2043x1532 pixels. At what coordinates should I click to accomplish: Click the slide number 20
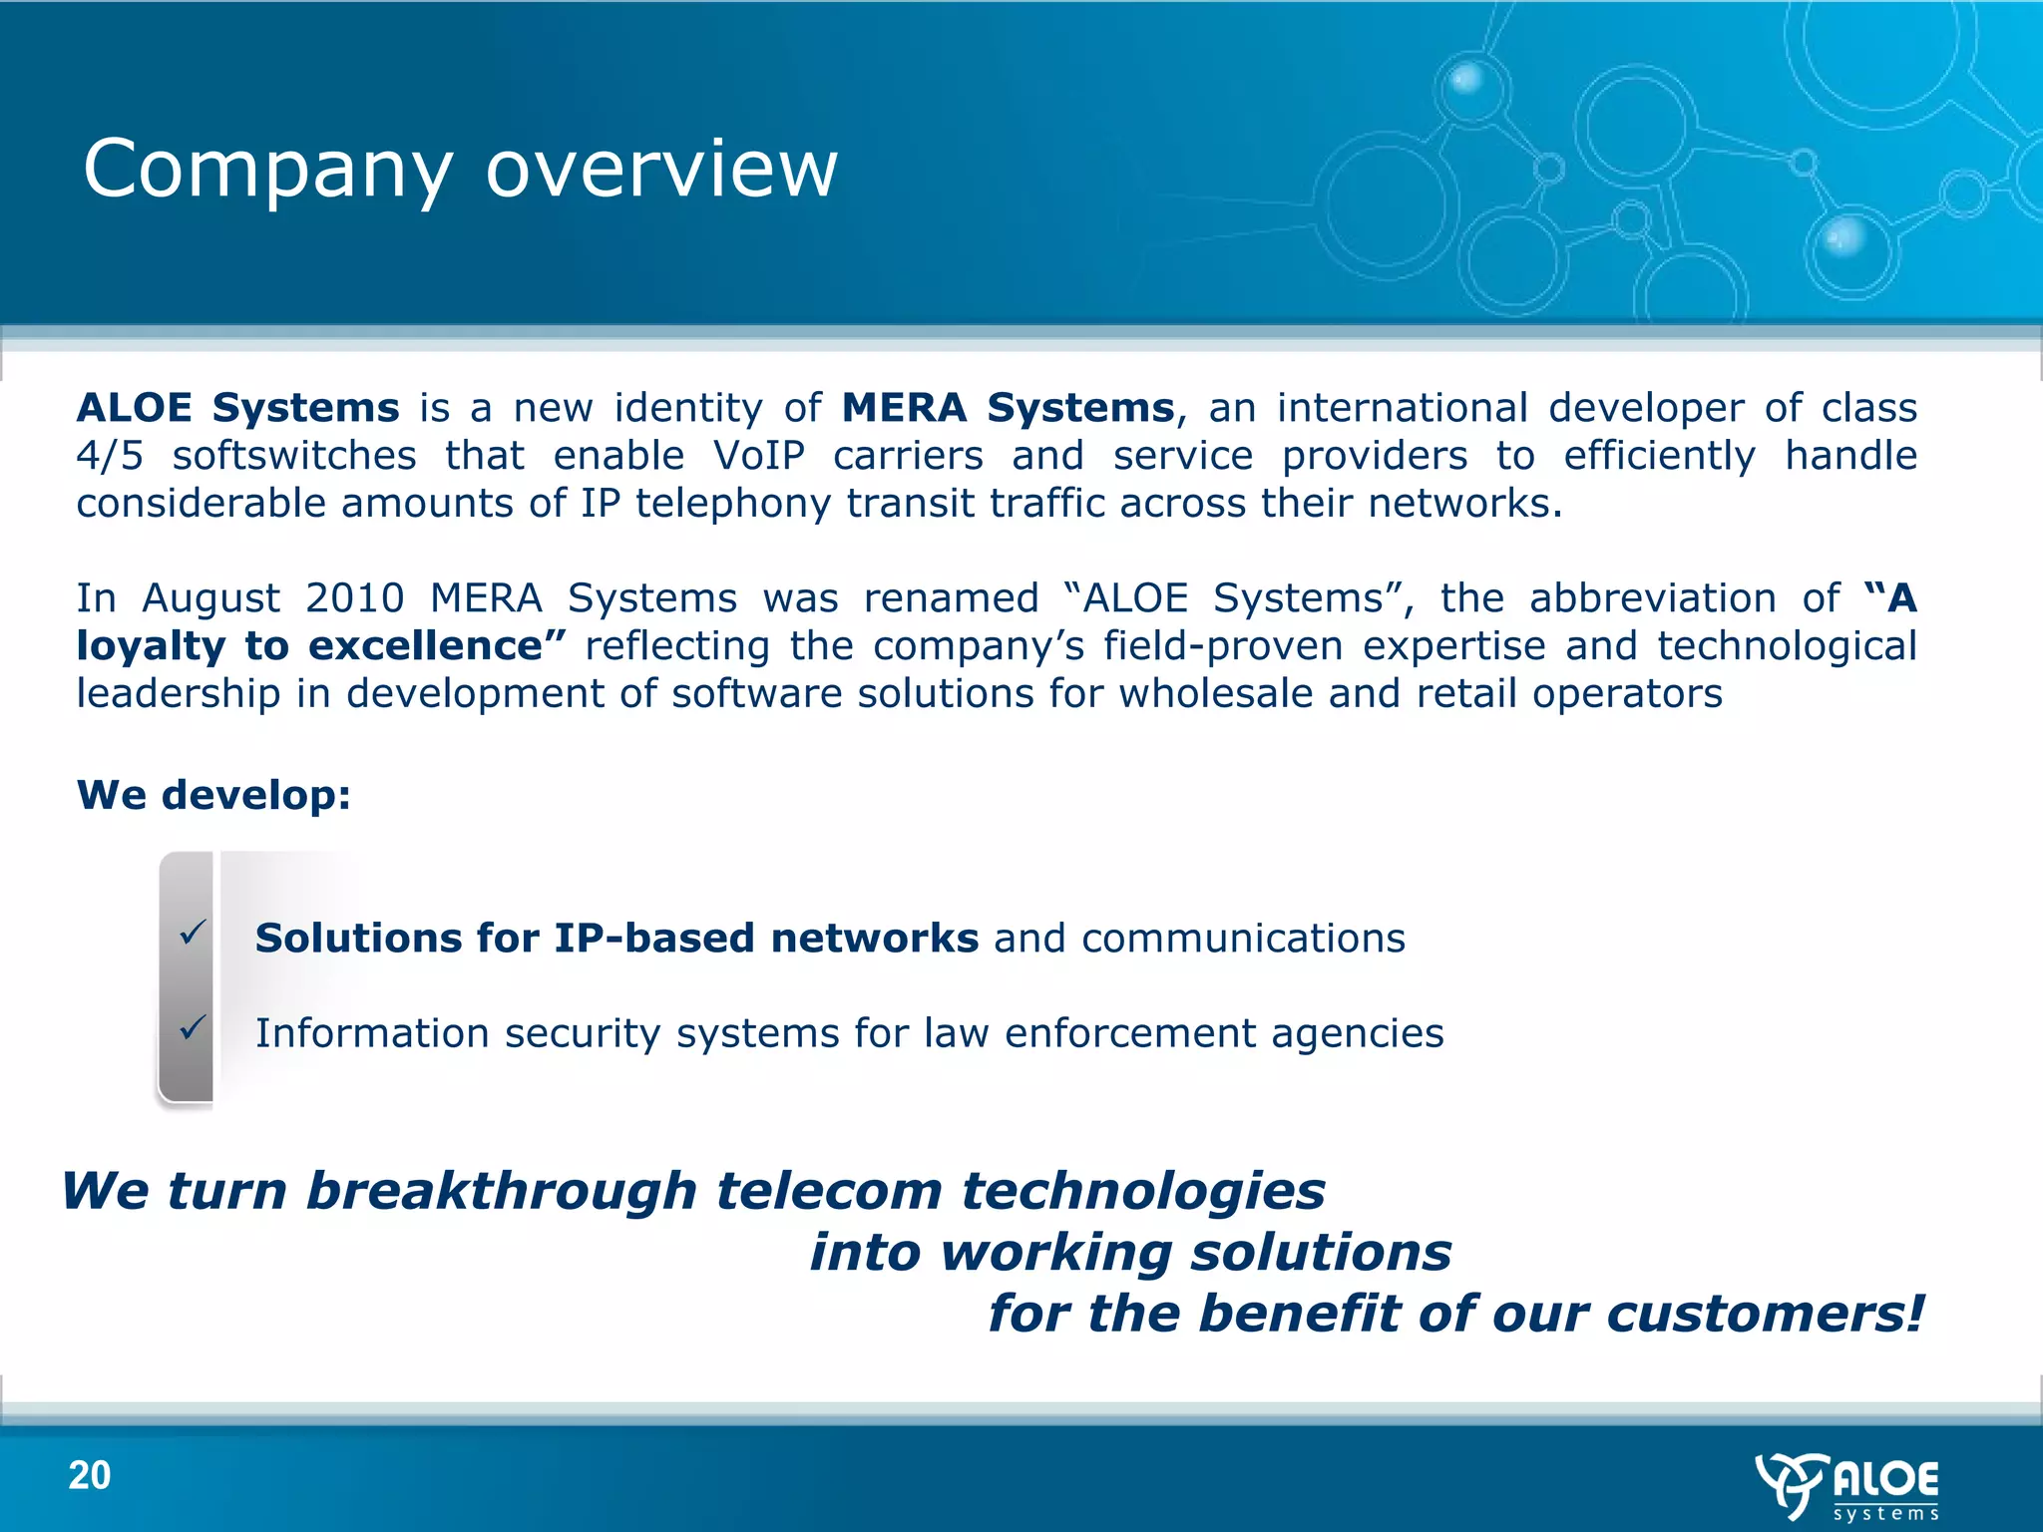pos(90,1475)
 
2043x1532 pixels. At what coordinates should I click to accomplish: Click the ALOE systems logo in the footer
pos(1847,1486)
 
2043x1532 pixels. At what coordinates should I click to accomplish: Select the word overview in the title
pos(661,171)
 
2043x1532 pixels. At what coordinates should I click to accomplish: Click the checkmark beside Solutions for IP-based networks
pos(193,933)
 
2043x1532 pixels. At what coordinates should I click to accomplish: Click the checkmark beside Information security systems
pos(193,1026)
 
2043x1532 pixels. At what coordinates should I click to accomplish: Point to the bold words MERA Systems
pos(1009,408)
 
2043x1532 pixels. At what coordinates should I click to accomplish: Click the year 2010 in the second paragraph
pos(354,598)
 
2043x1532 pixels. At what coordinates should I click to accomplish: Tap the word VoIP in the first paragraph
pos(759,456)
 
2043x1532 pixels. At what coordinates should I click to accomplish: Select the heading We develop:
pos(213,795)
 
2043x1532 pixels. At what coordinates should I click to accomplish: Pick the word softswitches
pos(294,456)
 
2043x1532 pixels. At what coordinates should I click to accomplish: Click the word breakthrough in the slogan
pos(501,1191)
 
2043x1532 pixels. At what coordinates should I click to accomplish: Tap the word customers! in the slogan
pos(1765,1314)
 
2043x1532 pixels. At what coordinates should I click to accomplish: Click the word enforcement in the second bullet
pos(1130,1033)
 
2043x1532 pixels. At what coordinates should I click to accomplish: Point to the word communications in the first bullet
pos(1243,939)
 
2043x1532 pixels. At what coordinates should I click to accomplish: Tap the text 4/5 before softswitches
pos(110,456)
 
